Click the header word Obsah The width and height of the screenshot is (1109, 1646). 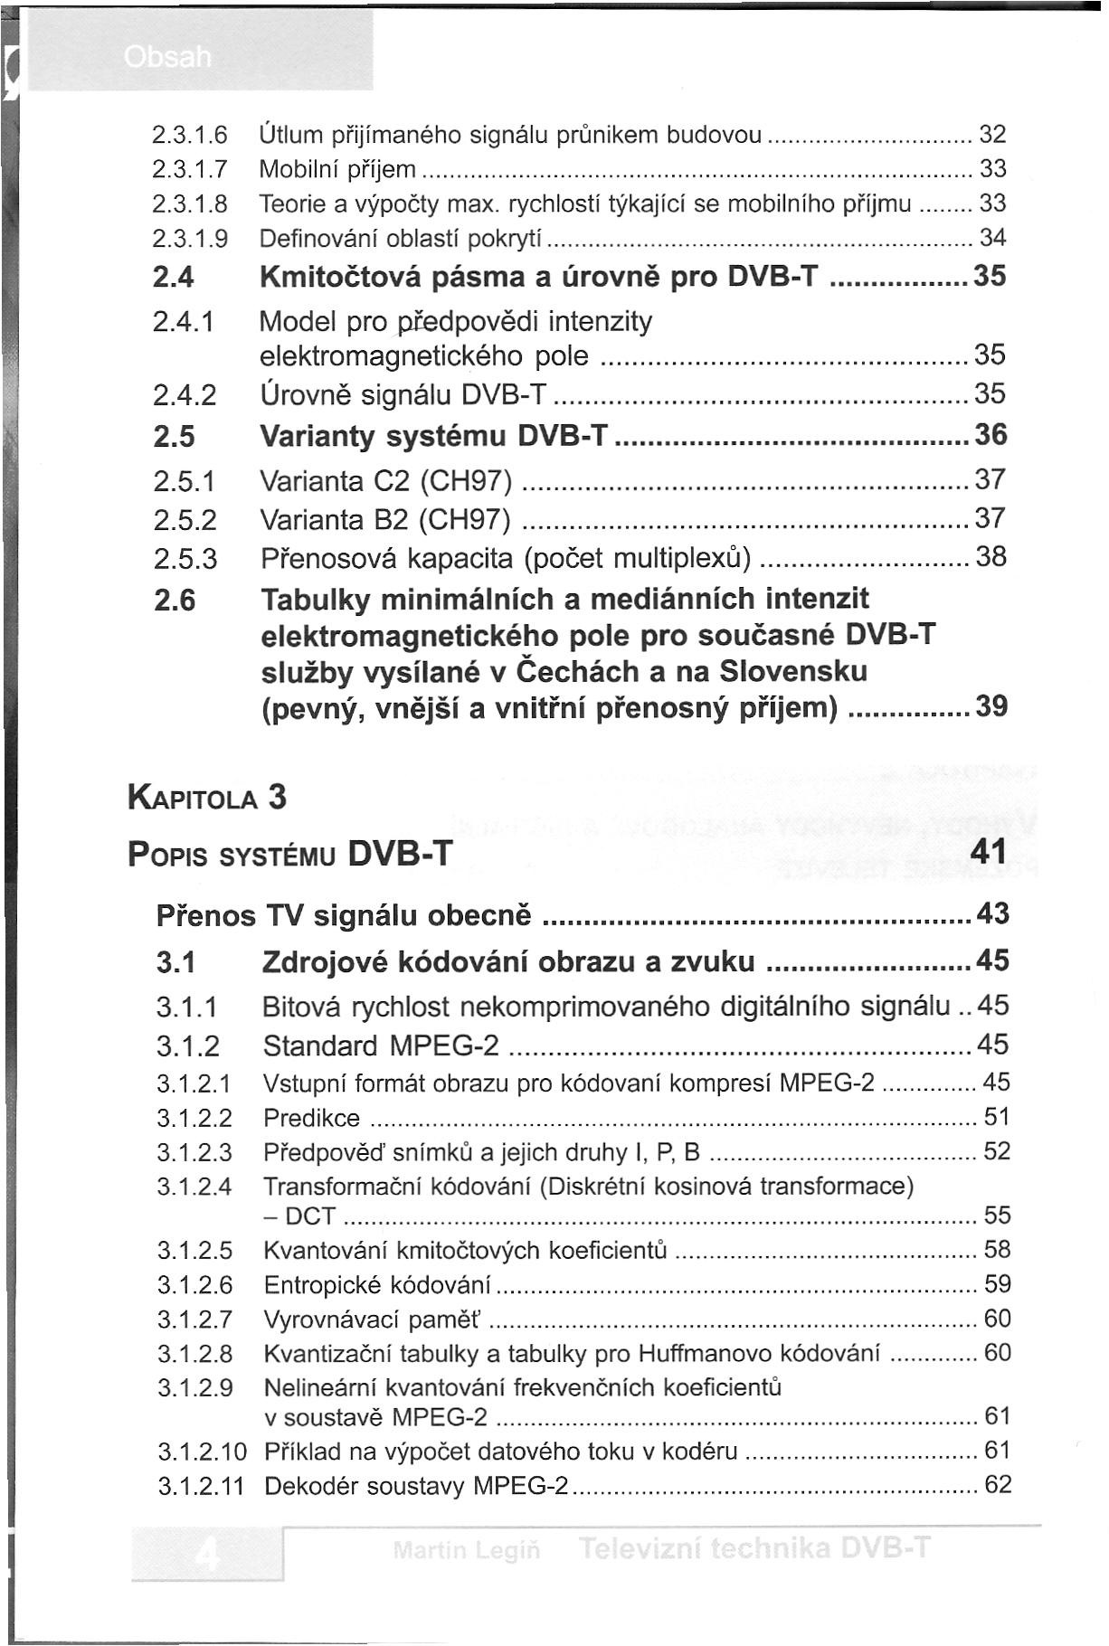[x=167, y=58]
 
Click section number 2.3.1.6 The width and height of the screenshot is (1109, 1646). [x=189, y=136]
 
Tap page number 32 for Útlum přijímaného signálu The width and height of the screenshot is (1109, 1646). [x=992, y=136]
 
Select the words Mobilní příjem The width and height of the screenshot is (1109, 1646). [x=337, y=170]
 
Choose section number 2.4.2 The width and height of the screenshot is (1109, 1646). [x=185, y=395]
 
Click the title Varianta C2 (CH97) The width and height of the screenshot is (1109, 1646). [x=386, y=479]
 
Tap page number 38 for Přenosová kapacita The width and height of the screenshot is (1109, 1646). [x=991, y=556]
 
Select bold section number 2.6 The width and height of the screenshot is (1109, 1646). [x=175, y=600]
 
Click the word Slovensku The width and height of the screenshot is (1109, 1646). [x=793, y=671]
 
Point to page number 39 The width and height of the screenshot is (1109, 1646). [x=991, y=706]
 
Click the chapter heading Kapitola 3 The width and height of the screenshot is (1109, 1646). [x=207, y=798]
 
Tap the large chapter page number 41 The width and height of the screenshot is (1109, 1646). [x=987, y=853]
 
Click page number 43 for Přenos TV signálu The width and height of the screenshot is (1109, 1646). [x=993, y=913]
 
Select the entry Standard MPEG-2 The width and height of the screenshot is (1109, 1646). [x=380, y=1046]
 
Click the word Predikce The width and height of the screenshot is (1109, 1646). [x=311, y=1118]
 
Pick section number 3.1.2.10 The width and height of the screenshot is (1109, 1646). [x=202, y=1452]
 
